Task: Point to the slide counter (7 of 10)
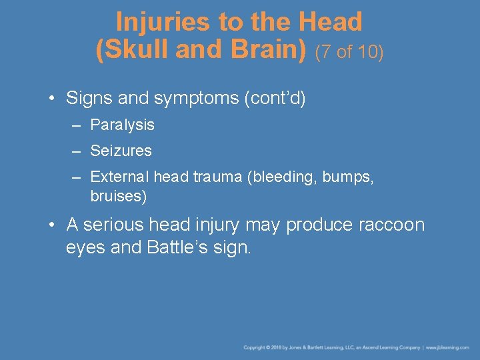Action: [x=349, y=52]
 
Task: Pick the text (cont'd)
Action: [x=275, y=99]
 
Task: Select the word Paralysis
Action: [x=122, y=125]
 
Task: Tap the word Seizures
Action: [x=121, y=151]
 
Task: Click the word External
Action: [x=119, y=177]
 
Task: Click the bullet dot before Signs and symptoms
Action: [x=52, y=99]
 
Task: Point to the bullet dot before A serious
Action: [x=52, y=225]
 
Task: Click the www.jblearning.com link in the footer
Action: [x=448, y=347]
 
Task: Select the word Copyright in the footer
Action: [x=255, y=347]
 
